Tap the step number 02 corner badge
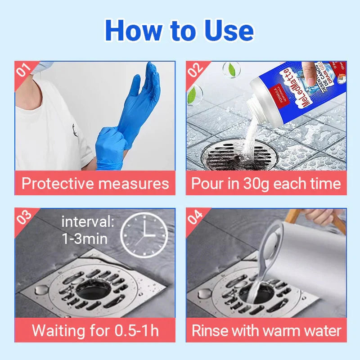point(196,70)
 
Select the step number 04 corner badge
point(196,217)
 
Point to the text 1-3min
point(85,238)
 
